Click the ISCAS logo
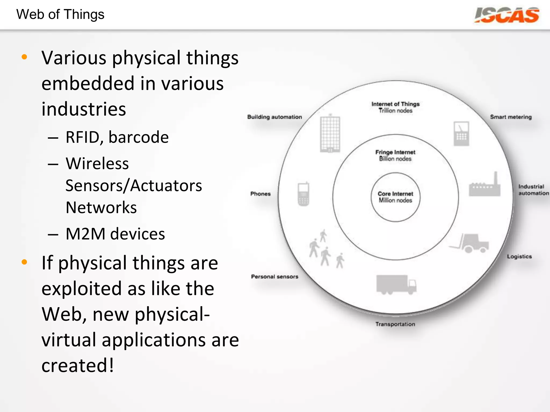pyautogui.click(x=506, y=15)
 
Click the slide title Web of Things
pyautogui.click(x=60, y=14)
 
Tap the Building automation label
pyautogui.click(x=274, y=117)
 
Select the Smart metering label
pyautogui.click(x=511, y=117)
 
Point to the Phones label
pyautogui.click(x=260, y=194)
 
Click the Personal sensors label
pyautogui.click(x=274, y=277)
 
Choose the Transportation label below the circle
pyautogui.click(x=395, y=324)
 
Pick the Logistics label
pyautogui.click(x=519, y=256)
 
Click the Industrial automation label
pyautogui.click(x=533, y=190)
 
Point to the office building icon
pyautogui.click(x=330, y=133)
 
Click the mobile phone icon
pyautogui.click(x=303, y=194)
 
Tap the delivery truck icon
pyautogui.click(x=396, y=285)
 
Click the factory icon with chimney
pyautogui.click(x=485, y=187)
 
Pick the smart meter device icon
pyautogui.click(x=461, y=134)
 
